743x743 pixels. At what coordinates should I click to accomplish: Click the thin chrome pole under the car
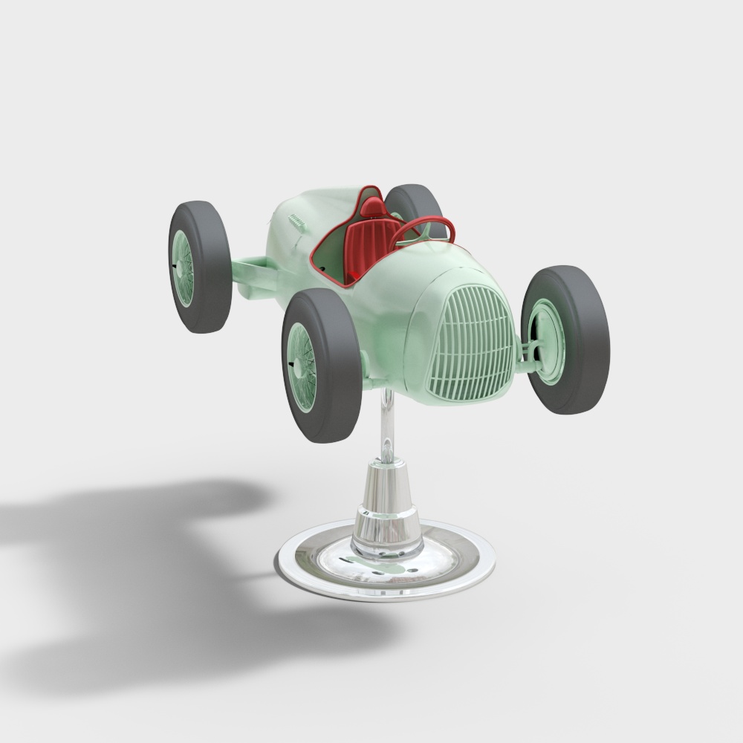[x=388, y=424]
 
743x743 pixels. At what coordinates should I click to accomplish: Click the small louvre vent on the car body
[x=297, y=221]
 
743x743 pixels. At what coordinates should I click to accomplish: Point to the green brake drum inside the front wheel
[x=550, y=342]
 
